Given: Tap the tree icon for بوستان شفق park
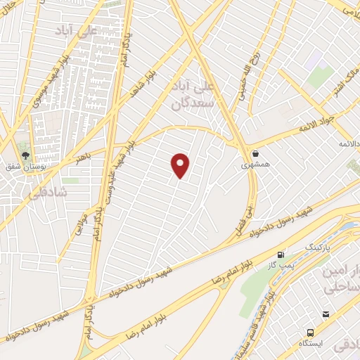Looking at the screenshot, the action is click(25, 155).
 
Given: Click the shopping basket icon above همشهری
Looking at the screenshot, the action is click(255, 153).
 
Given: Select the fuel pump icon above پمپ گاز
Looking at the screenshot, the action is click(281, 255).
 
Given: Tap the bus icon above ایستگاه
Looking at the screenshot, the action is click(310, 332).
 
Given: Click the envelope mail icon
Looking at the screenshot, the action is click(325, 314).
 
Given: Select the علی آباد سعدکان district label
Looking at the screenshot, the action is click(198, 96).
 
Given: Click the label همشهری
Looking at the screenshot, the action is click(255, 165).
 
